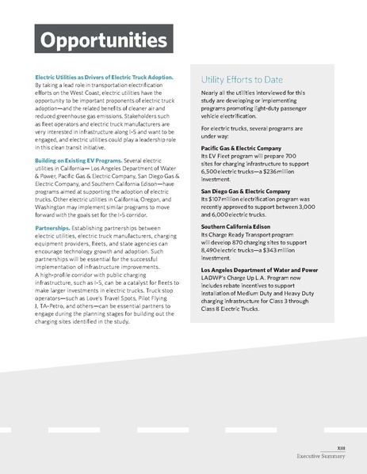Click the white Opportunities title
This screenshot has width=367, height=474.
pos(99,40)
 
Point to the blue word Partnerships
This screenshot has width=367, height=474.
pos(52,227)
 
